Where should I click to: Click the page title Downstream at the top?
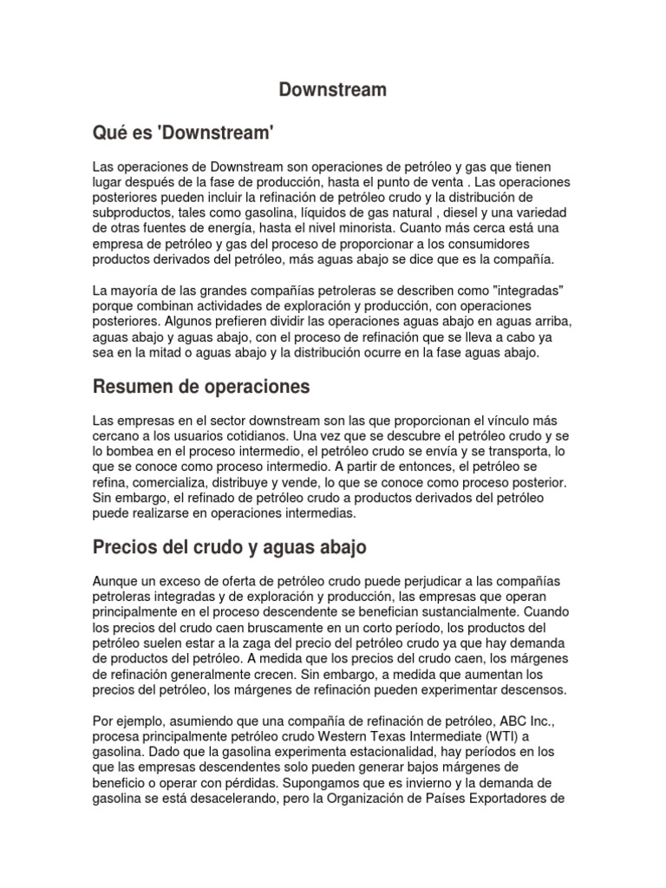(x=332, y=89)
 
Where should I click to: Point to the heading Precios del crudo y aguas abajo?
(x=230, y=547)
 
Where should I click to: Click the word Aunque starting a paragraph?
(x=116, y=579)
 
